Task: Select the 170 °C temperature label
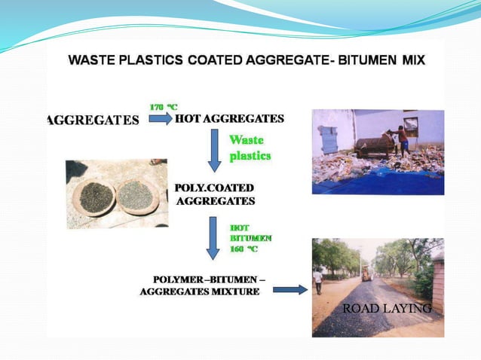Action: point(163,107)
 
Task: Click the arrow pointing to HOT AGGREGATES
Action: point(160,119)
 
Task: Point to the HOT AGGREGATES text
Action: point(229,119)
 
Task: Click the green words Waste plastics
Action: point(249,148)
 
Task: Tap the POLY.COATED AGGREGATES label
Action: point(215,194)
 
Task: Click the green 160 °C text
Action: point(244,248)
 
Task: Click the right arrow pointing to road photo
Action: point(290,288)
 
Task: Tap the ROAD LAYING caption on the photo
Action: point(386,309)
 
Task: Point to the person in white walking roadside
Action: point(318,281)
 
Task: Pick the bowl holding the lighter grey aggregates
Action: point(136,197)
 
